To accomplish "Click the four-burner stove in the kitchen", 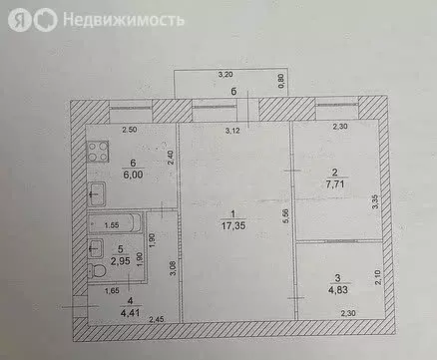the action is pos(98,154).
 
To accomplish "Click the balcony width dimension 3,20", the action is pos(226,75).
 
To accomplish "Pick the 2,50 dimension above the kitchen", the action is pos(131,130).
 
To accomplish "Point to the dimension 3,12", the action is pos(233,131).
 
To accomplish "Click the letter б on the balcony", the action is pos(232,92).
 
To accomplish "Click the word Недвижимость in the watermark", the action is pos(122,19).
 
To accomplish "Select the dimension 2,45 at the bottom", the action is pos(156,319).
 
